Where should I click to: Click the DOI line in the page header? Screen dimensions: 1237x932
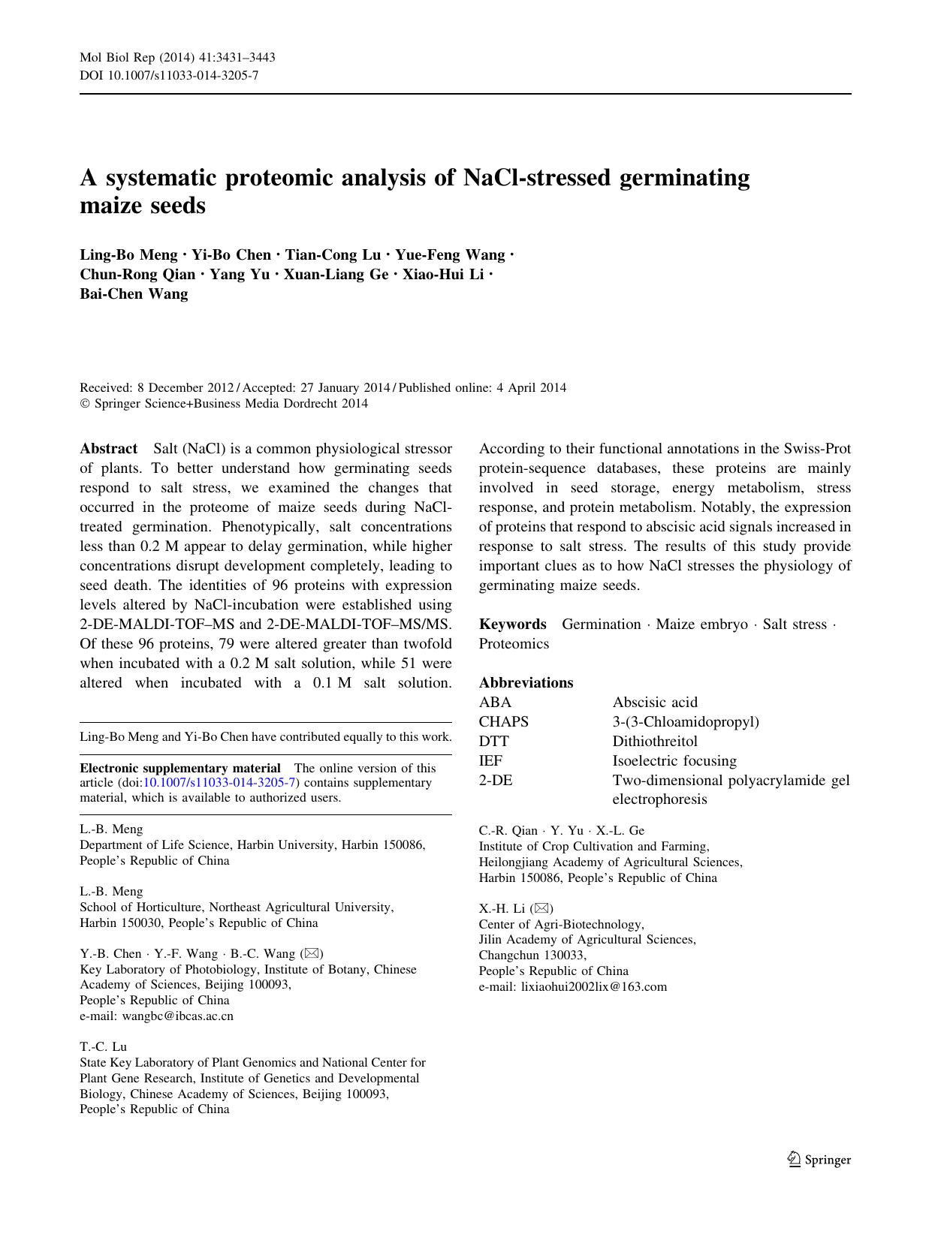coord(169,75)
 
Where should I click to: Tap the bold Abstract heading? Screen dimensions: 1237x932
coord(108,449)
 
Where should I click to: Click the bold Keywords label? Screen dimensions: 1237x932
coord(513,625)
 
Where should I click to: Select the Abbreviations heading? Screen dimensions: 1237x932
coord(526,683)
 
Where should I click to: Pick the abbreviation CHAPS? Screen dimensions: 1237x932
coord(504,722)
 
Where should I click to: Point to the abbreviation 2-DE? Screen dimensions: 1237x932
coord(496,781)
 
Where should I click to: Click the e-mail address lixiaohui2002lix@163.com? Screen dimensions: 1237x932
coord(573,987)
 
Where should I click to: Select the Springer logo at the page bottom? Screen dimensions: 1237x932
coord(819,1160)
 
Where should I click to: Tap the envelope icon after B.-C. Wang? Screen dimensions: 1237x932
coord(311,954)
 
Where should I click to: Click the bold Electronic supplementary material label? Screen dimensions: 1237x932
coord(180,768)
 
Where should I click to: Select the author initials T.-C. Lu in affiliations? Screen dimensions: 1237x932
coord(103,1046)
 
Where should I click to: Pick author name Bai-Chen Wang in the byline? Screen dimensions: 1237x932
coord(134,293)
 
